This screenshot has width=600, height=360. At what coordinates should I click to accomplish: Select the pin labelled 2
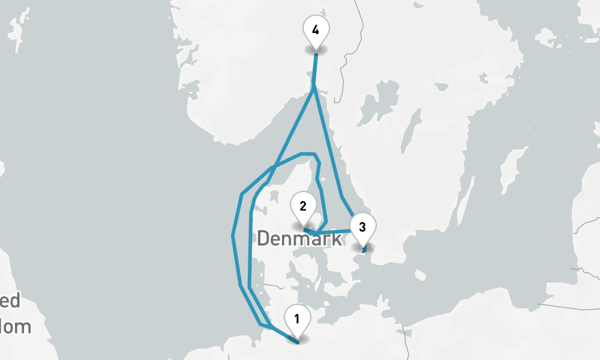click(x=303, y=208)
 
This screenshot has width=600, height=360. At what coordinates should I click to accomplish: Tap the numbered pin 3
click(x=362, y=229)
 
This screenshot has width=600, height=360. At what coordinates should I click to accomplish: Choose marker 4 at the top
click(x=316, y=30)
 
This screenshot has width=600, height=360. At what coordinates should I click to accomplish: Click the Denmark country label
click(x=299, y=238)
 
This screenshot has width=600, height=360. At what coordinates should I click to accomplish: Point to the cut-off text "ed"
click(x=10, y=301)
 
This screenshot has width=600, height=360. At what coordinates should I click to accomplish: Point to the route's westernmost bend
click(x=233, y=235)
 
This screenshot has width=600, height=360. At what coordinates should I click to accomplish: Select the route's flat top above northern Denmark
click(x=307, y=154)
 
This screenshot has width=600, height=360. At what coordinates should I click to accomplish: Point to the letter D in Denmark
click(x=263, y=238)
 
